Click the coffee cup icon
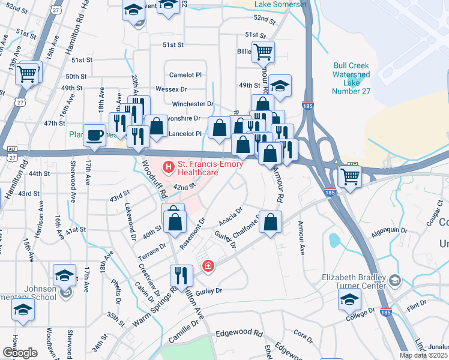94,135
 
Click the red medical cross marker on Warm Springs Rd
208,266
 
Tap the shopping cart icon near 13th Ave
27,74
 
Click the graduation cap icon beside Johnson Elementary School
64,275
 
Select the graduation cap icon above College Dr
349,299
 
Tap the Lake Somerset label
280,4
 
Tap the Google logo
20,353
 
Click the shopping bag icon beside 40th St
174,220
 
